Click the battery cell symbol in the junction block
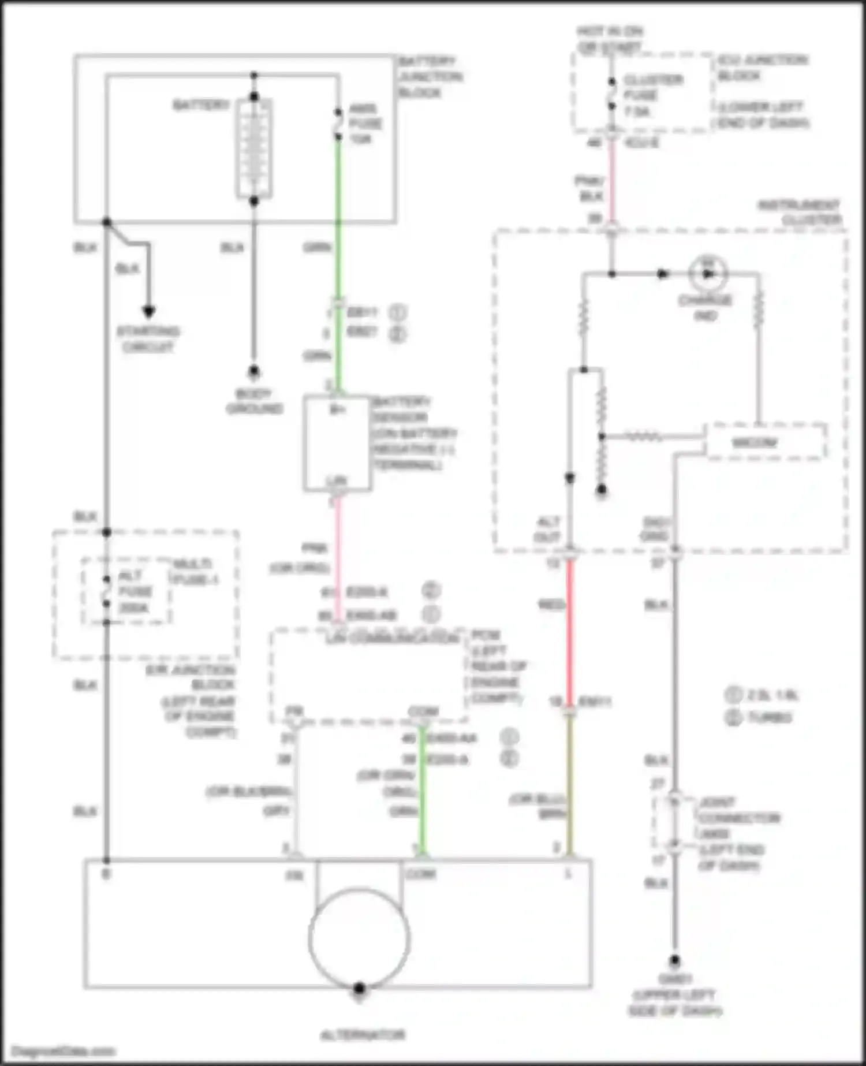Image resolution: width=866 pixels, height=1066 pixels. click(x=254, y=148)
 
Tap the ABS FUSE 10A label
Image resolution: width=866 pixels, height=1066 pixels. click(x=364, y=124)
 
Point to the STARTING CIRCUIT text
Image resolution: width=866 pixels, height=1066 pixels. click(x=148, y=339)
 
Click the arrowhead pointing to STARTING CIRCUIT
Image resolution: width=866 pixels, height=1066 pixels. click(x=149, y=312)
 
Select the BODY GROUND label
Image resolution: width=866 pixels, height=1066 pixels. click(x=254, y=401)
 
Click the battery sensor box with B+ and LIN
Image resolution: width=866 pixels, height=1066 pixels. click(x=337, y=443)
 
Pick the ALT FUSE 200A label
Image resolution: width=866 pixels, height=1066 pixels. click(x=135, y=591)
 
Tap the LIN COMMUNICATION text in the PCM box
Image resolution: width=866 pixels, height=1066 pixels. click(x=393, y=639)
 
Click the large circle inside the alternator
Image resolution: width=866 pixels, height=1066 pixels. click(x=359, y=938)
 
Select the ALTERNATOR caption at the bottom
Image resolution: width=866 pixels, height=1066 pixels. click(x=363, y=1035)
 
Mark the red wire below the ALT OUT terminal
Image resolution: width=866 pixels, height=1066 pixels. click(x=570, y=629)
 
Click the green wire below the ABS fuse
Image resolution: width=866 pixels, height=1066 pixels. click(x=338, y=219)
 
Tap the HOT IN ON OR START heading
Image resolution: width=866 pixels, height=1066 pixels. click(x=610, y=39)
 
